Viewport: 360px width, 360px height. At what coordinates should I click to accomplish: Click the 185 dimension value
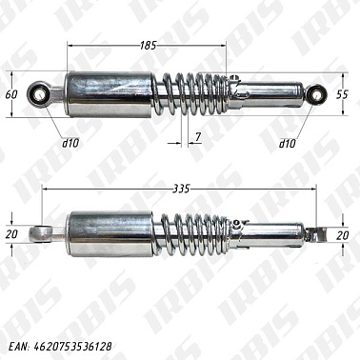tap(149, 46)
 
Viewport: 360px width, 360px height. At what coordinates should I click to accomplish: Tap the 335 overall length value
tap(181, 190)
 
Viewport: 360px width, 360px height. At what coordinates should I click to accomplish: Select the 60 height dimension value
tap(11, 94)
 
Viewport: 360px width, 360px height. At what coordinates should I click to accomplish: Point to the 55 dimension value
tap(343, 94)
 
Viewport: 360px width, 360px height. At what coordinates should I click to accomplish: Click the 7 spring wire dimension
tap(198, 137)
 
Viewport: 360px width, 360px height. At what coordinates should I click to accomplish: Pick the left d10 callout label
tap(70, 144)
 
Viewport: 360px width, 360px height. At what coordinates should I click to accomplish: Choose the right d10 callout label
tap(287, 144)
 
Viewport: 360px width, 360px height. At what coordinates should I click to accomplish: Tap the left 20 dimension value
tap(11, 234)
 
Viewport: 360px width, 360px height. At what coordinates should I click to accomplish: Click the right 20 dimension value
tap(343, 235)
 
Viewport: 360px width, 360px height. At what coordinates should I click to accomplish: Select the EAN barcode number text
tap(60, 347)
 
